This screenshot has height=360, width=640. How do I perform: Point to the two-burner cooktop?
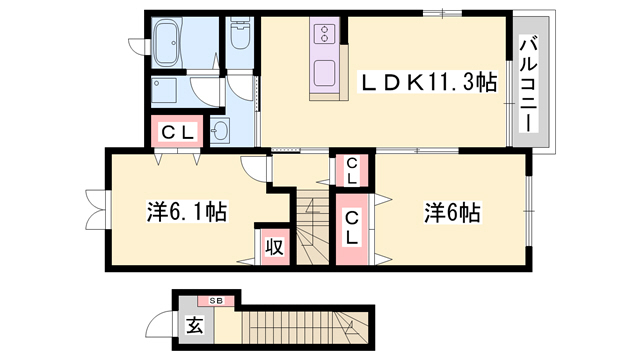327,37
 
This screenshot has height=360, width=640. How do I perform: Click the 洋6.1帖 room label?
187,212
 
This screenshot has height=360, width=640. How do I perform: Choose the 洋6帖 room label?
452,212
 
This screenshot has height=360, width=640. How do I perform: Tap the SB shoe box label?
216,299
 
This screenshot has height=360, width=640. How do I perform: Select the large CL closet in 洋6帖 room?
353,229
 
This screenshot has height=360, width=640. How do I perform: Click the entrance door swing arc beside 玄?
159,324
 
